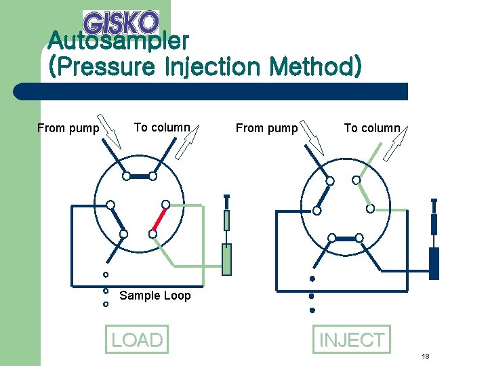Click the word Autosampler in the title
[118, 42]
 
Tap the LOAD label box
[137, 340]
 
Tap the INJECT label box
[352, 339]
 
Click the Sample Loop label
[155, 296]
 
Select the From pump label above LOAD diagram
[68, 128]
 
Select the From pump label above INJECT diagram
[266, 128]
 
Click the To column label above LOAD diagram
[162, 127]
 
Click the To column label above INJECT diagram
[372, 128]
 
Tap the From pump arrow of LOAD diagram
[109, 131]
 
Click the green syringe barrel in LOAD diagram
[227, 259]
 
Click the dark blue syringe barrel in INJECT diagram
[434, 263]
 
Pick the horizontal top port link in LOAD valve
[140, 176]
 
